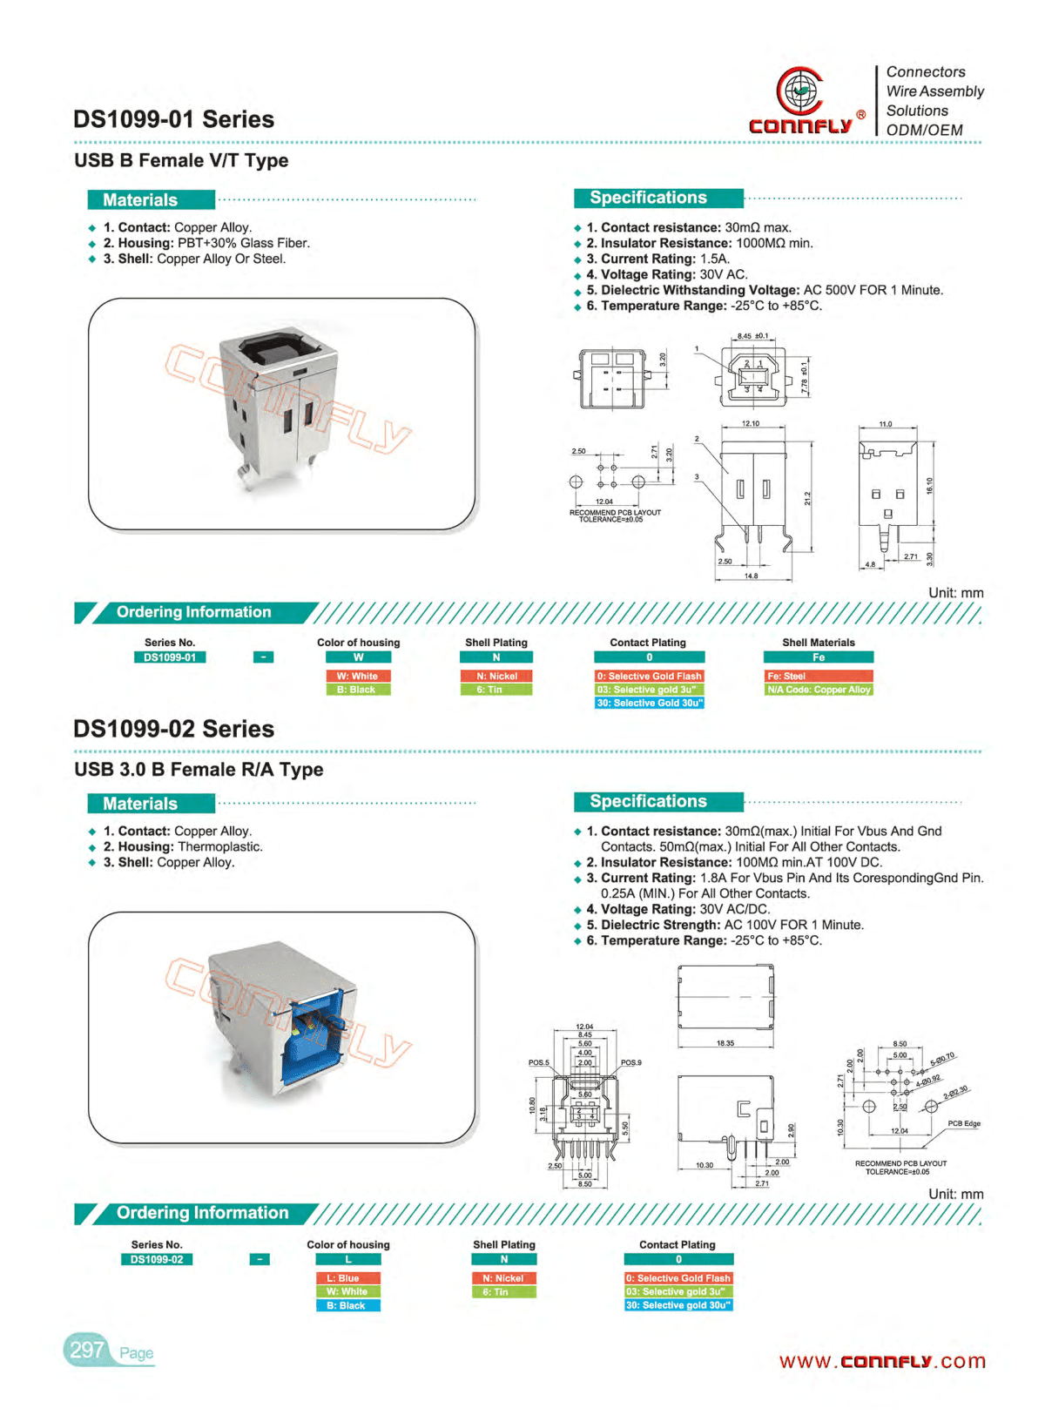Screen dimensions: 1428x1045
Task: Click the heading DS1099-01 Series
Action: click(x=173, y=119)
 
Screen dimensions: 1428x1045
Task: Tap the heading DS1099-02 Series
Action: click(x=173, y=729)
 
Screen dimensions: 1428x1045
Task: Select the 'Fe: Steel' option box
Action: click(x=818, y=676)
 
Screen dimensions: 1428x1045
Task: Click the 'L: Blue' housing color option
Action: click(x=347, y=1278)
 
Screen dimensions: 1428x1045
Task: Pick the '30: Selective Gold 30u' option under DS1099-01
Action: click(x=649, y=703)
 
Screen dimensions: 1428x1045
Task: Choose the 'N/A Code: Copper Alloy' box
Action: click(x=818, y=690)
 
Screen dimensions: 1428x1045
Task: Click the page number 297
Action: click(x=87, y=1350)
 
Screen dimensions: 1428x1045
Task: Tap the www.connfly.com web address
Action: click(x=881, y=1361)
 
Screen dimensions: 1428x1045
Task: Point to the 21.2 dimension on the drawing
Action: click(x=807, y=498)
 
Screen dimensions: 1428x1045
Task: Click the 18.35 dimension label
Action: click(x=725, y=1043)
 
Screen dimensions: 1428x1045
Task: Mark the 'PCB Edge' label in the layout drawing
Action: click(x=963, y=1124)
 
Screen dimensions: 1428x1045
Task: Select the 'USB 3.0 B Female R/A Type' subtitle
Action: click(x=199, y=770)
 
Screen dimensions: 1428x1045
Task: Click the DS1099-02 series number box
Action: click(x=157, y=1259)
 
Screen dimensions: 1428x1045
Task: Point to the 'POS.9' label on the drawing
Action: click(x=630, y=1063)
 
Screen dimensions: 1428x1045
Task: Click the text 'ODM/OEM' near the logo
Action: click(x=924, y=131)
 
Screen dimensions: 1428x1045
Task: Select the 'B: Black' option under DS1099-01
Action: click(x=358, y=690)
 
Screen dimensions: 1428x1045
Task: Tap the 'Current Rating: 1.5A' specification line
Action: click(x=657, y=259)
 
